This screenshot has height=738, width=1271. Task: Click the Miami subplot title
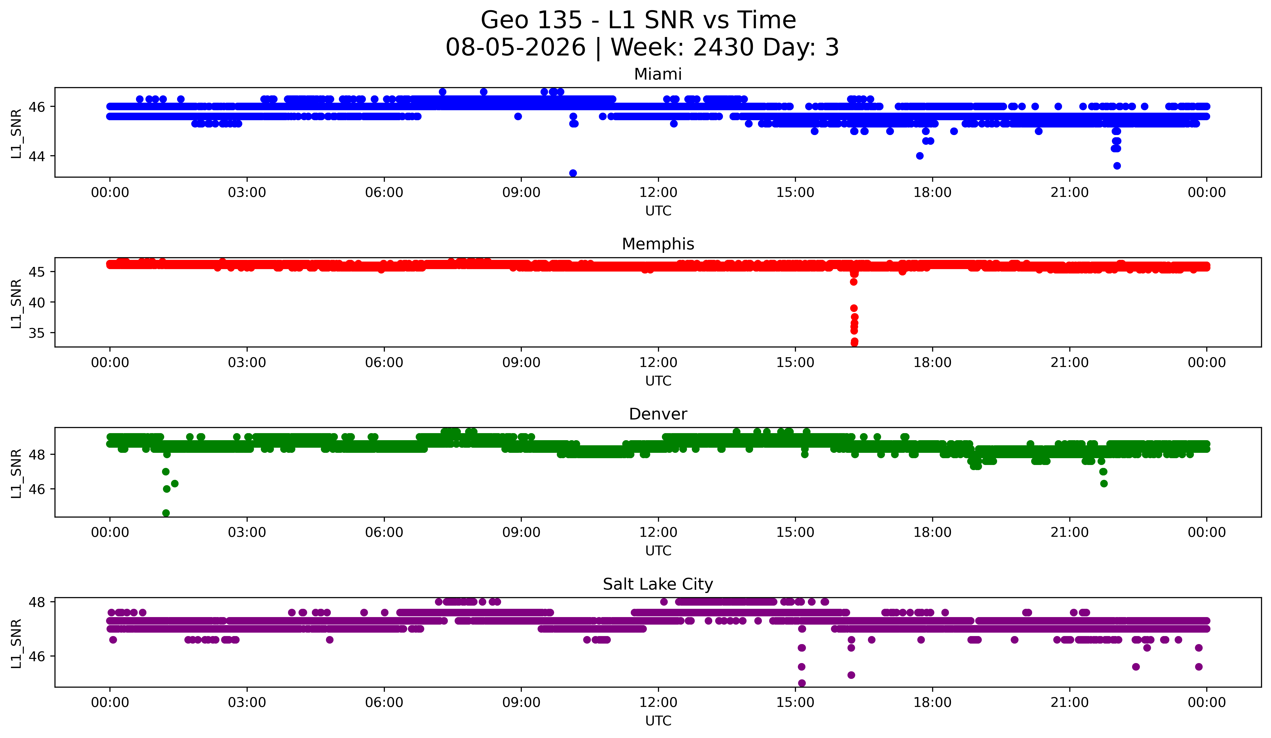(658, 74)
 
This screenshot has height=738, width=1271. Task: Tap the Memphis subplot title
(658, 244)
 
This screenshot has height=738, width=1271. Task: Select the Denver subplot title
(658, 414)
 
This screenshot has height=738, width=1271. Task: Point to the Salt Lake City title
(658, 584)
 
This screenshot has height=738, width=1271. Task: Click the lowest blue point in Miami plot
(573, 173)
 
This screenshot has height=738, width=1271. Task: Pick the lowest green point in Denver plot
(166, 513)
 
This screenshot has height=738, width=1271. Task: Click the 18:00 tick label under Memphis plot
(933, 363)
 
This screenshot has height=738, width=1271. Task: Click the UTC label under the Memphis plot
(658, 381)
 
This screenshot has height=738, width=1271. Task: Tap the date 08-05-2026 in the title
(515, 47)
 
